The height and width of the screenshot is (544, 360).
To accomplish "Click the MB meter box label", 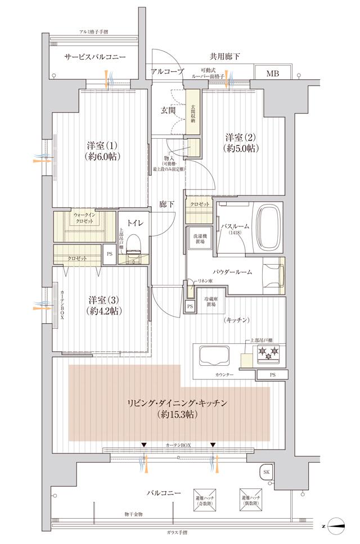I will pyautogui.click(x=272, y=73).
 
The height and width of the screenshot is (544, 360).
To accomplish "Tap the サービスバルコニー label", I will pyautogui.click(x=94, y=57).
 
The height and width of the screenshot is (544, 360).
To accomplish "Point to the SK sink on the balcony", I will pyautogui.click(x=266, y=473).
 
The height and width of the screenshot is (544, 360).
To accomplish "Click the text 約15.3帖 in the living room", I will pyautogui.click(x=169, y=415).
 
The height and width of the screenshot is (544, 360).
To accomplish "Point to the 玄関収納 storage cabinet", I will pyautogui.click(x=193, y=113).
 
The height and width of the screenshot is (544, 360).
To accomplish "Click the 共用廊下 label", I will pyautogui.click(x=224, y=57).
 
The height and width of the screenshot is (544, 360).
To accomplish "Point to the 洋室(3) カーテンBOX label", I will pyautogui.click(x=62, y=305).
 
